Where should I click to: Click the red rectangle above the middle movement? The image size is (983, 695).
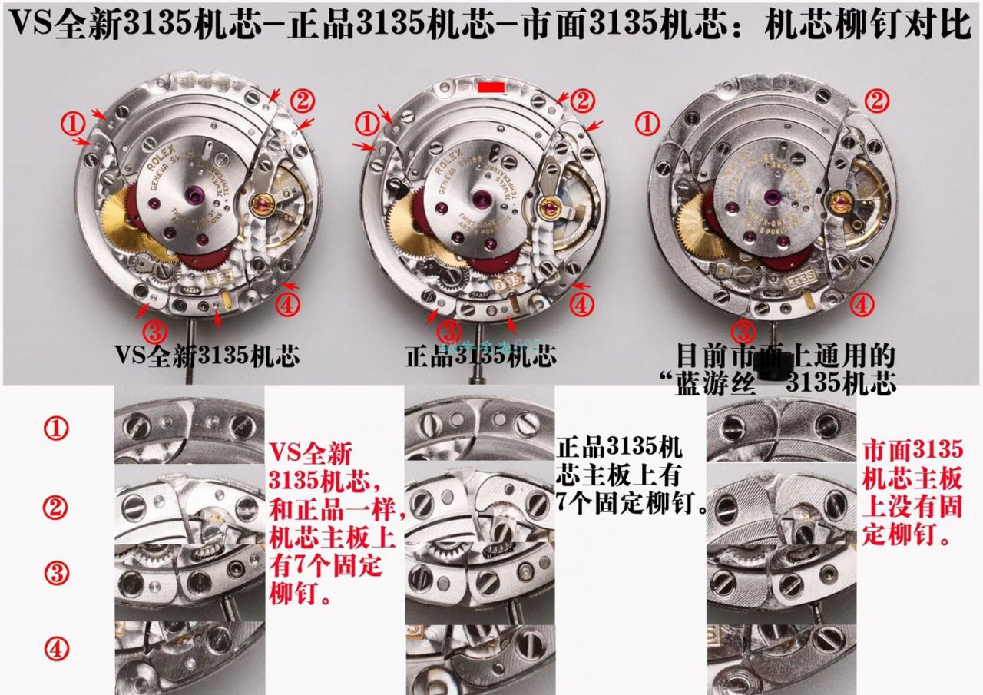coord(491,89)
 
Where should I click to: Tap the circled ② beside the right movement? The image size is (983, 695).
coord(878,101)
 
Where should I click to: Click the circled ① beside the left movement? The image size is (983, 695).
coord(73,122)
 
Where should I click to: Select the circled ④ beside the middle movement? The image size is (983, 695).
coord(581,304)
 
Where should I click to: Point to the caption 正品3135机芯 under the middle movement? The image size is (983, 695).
coord(481,356)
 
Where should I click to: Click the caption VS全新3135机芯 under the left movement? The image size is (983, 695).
coord(207,356)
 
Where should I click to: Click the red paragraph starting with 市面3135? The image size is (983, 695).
coord(912,491)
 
